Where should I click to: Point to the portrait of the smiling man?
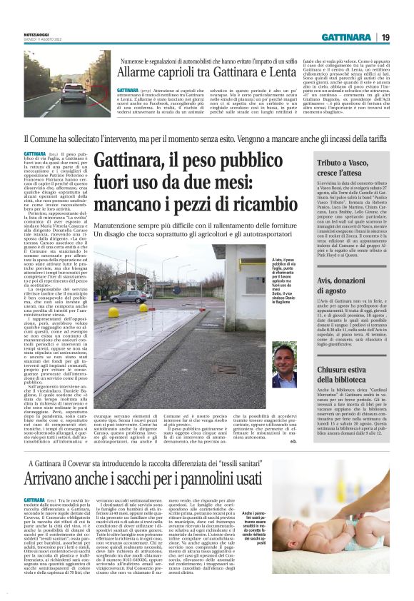click(283, 363)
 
